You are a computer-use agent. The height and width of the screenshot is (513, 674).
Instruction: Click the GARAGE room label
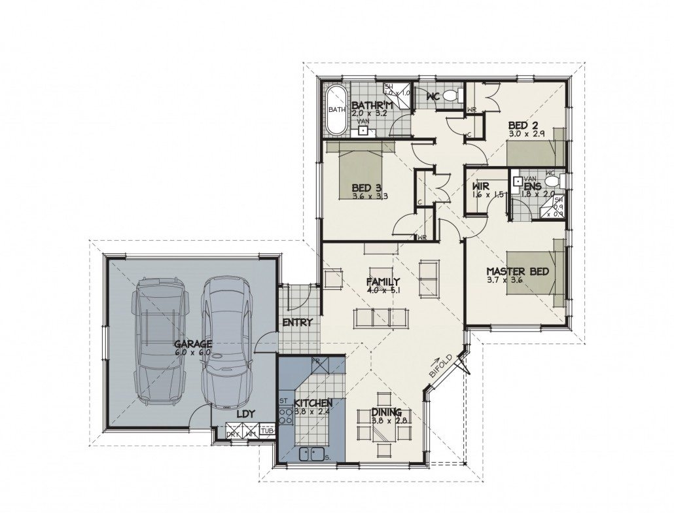click(x=192, y=344)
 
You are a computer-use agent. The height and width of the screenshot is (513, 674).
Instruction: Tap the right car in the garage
click(x=226, y=341)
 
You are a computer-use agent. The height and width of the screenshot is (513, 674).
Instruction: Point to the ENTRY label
click(x=297, y=323)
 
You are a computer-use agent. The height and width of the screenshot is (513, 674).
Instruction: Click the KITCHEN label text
click(x=313, y=403)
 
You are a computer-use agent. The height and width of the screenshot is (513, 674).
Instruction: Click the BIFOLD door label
click(x=440, y=366)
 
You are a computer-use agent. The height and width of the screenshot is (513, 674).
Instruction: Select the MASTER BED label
click(x=516, y=271)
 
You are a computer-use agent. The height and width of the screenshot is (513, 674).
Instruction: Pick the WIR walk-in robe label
click(x=483, y=186)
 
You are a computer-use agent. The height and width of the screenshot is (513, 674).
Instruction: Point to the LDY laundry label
click(x=245, y=414)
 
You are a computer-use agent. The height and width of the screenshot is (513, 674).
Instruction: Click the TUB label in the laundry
click(x=266, y=431)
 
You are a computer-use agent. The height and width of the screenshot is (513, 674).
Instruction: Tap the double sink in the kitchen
click(x=312, y=453)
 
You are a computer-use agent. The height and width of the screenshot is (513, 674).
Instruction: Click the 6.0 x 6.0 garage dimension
click(x=192, y=352)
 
